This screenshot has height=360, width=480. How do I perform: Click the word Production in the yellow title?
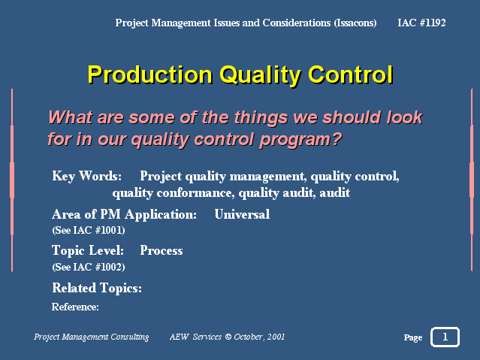pos(150,74)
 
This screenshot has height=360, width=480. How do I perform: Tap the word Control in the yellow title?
pos(351,74)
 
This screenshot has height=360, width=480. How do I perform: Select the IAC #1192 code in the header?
pos(421,23)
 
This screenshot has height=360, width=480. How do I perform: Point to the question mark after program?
pos(337,139)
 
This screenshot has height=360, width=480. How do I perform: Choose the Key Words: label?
pos(87,177)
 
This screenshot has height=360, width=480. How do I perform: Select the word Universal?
pos(242,214)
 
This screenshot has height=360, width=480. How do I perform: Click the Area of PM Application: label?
pos(124,215)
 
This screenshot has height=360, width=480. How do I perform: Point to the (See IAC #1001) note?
pos(89,230)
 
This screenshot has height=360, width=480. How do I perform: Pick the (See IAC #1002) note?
pos(89,267)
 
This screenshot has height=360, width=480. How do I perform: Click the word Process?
pos(162,250)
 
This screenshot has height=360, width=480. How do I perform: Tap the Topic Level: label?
pos(88,250)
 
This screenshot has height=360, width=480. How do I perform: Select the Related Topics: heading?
pos(97,289)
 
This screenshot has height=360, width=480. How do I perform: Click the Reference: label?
pos(75,307)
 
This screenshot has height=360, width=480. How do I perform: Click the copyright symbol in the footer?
pos(228,337)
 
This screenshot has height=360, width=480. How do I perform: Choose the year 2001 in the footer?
pos(276,337)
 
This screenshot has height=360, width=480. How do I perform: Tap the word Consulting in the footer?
pos(130,337)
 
